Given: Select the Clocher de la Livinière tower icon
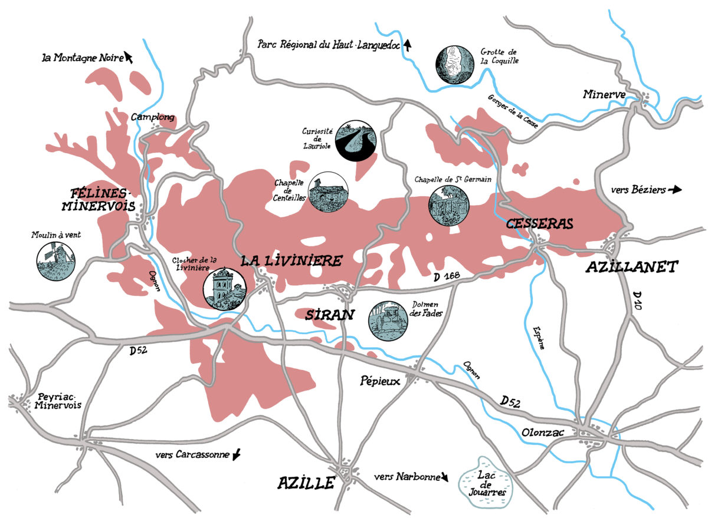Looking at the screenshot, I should tap(224, 289).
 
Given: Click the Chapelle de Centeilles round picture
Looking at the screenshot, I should tap(329, 192).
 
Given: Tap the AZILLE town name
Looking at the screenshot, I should tap(306, 483).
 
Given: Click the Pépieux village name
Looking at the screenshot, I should tap(380, 381).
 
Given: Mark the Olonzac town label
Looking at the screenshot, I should tap(543, 433).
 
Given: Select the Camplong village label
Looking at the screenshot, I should tap(153, 117).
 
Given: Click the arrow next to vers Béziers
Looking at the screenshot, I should tap(675, 190).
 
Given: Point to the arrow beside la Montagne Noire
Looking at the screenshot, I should tap(129, 57).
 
